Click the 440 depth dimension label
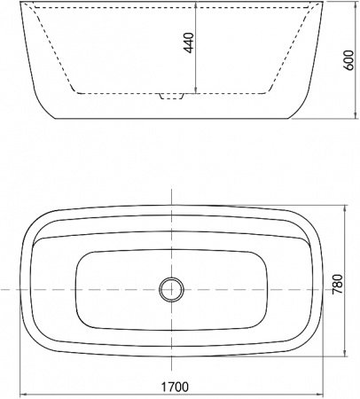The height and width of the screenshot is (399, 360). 188,45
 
